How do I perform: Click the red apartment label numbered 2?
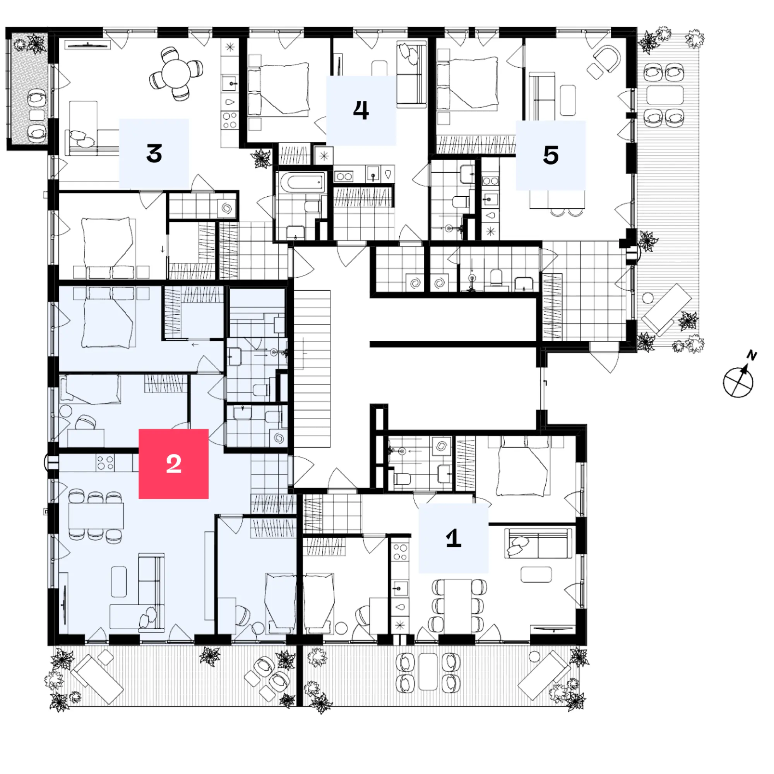(x=173, y=464)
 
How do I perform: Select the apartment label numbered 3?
(x=154, y=153)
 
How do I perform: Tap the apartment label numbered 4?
(x=361, y=110)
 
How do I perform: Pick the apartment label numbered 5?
(x=551, y=155)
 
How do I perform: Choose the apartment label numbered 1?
(x=454, y=538)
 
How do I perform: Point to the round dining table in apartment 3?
(x=176, y=74)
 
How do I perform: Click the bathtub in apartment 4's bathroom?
(x=303, y=183)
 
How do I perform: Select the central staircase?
(x=312, y=369)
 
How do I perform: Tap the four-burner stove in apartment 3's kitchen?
(x=230, y=120)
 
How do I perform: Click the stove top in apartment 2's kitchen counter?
(x=105, y=462)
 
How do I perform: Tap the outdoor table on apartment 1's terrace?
(x=428, y=672)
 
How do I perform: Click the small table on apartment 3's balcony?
(x=37, y=115)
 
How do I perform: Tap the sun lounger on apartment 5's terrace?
(x=666, y=310)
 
